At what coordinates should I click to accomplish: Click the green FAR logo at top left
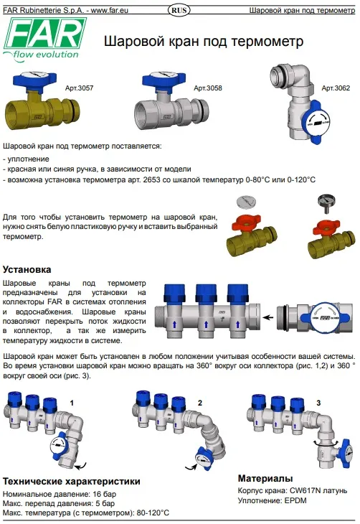pos(44,39)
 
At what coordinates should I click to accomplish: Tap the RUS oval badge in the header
pos(179,10)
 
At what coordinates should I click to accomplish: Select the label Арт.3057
pos(79,88)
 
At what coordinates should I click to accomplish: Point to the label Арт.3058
pos(208,88)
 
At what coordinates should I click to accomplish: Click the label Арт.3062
pos(336,88)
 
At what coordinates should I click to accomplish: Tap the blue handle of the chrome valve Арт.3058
pos(164,80)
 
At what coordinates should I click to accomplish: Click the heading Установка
pos(27,269)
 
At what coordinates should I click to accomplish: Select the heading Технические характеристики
pos(72,481)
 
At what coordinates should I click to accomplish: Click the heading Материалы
pos(265,478)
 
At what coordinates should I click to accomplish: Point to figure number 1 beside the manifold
pos(72,403)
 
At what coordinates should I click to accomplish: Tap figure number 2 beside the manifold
pos(200,403)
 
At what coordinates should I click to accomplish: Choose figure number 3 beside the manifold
pos(318,403)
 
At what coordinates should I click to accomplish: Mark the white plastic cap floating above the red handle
pos(246,202)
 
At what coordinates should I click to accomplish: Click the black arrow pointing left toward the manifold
pos(267,317)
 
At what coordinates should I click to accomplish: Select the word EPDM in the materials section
pos(295,500)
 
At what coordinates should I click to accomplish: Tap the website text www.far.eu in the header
pos(109,10)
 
